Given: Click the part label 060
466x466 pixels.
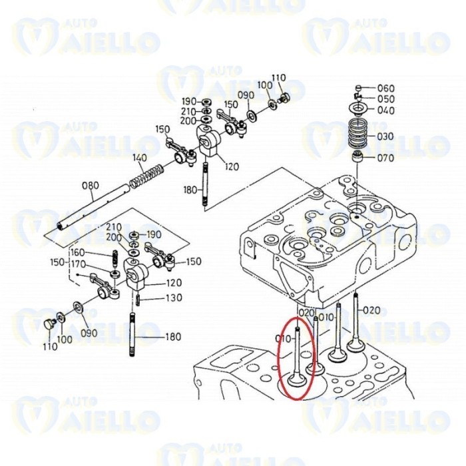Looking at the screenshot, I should pyautogui.click(x=385, y=89).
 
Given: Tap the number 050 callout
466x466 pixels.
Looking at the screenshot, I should pyautogui.click(x=385, y=99).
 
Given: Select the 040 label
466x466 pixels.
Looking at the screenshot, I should pyautogui.click(x=385, y=110).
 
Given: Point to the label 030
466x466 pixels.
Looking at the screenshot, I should pyautogui.click(x=385, y=136).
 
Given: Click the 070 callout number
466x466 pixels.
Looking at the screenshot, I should pyautogui.click(x=385, y=158).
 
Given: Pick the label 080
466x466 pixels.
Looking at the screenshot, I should pyautogui.click(x=90, y=186).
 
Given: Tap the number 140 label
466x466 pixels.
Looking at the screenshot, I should pyautogui.click(x=139, y=158).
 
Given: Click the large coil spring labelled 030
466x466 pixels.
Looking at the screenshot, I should pyautogui.click(x=359, y=135).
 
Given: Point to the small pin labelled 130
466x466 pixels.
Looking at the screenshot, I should pyautogui.click(x=137, y=299).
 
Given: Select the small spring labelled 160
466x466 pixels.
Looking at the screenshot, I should pyautogui.click(x=115, y=256).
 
